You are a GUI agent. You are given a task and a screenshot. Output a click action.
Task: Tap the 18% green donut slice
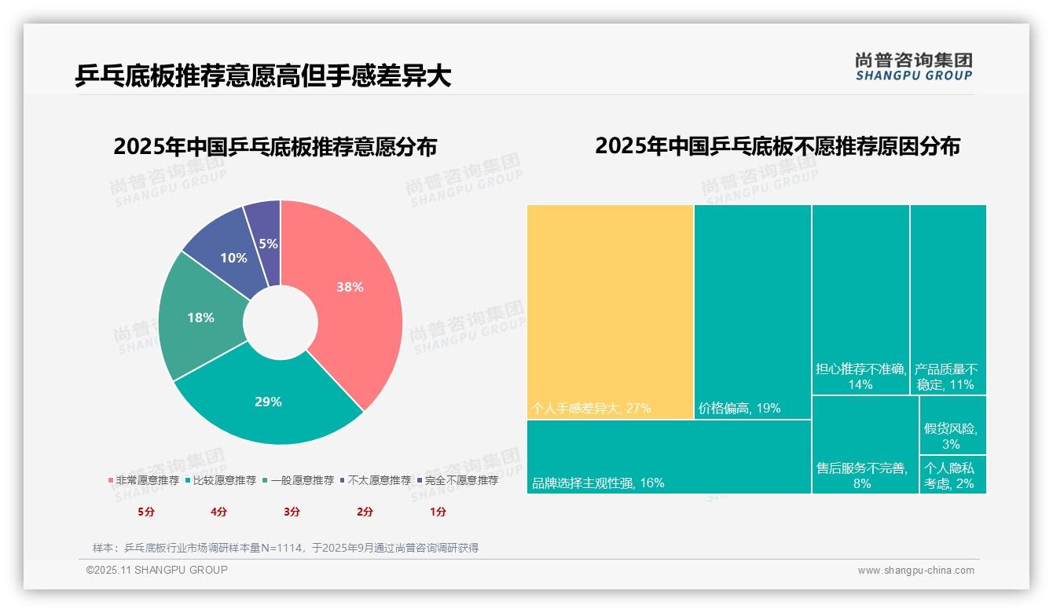(200, 318)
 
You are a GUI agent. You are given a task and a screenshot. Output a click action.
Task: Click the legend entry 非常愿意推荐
(143, 480)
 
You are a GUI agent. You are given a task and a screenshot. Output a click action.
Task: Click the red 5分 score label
(146, 512)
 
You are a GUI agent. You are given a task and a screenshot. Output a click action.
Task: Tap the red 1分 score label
(438, 512)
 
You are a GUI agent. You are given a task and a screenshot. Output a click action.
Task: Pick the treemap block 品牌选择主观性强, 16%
(668, 456)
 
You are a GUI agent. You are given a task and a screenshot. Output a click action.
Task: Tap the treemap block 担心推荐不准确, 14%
(860, 299)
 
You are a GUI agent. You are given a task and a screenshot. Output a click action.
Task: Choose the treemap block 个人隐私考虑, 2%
(952, 475)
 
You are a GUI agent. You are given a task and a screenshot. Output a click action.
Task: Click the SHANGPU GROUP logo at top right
(913, 66)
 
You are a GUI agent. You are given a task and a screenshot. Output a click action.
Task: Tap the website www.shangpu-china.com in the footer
(915, 571)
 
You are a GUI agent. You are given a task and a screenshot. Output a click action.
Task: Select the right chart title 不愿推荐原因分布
(777, 147)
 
